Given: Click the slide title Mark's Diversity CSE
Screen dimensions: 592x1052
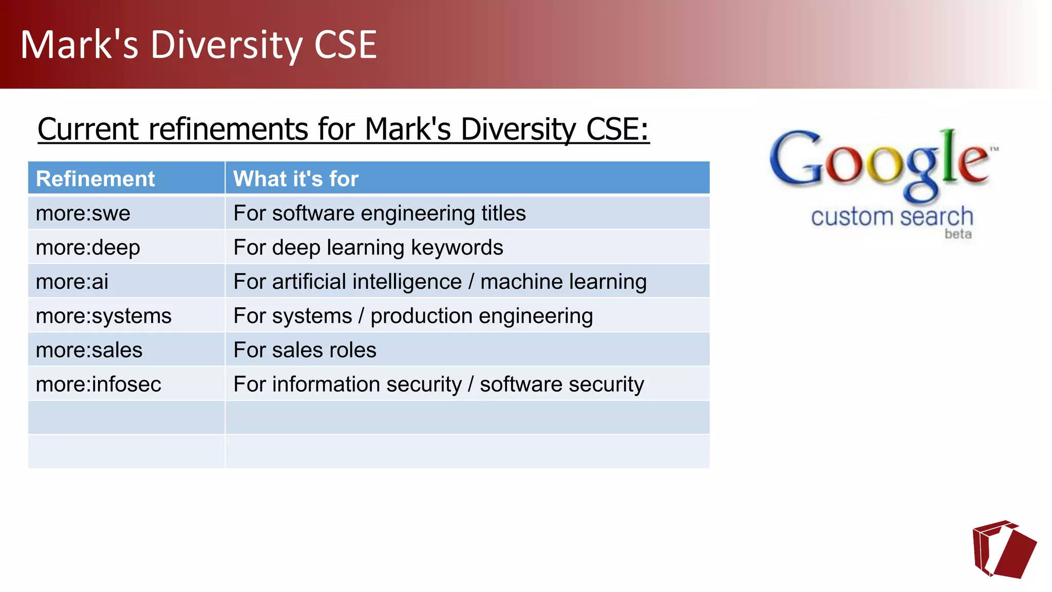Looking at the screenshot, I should (198, 45).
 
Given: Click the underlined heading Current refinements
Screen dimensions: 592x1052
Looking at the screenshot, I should (343, 129).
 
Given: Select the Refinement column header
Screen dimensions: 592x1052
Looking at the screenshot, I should (95, 179).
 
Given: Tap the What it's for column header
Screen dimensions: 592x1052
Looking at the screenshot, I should (296, 179).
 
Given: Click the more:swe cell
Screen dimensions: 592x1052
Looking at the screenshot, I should (83, 213).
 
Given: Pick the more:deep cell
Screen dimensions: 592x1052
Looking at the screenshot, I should (88, 248).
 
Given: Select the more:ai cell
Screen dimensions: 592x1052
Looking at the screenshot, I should (72, 282).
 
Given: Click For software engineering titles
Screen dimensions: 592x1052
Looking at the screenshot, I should (380, 213).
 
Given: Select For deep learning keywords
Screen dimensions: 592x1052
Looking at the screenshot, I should (368, 248).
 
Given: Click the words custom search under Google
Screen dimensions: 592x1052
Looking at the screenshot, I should (892, 217).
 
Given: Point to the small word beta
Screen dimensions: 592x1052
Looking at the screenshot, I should (958, 234).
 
